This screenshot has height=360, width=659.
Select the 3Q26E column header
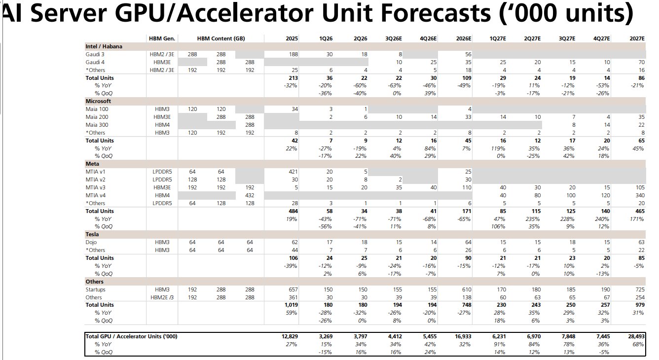(x=394, y=38)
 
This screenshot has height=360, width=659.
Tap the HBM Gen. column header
(x=162, y=38)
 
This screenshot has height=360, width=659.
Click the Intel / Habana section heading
(x=104, y=46)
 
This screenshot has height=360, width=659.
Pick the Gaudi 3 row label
(x=95, y=54)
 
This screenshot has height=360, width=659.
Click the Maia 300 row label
(x=97, y=125)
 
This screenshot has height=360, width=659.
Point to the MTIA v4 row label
(x=96, y=196)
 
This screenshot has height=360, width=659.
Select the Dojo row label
(x=91, y=242)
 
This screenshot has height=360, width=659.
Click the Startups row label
(x=95, y=289)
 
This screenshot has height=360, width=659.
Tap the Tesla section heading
(x=92, y=234)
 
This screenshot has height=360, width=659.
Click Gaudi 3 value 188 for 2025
(x=293, y=54)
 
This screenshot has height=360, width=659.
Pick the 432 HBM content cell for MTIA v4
(x=250, y=196)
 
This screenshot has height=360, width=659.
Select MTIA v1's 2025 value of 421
(x=293, y=172)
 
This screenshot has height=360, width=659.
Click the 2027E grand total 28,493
(x=636, y=336)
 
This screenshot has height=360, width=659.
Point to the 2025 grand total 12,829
(x=290, y=336)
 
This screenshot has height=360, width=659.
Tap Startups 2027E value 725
(x=640, y=289)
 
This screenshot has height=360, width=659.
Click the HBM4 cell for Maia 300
(x=162, y=125)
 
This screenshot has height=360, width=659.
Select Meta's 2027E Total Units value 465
(x=640, y=211)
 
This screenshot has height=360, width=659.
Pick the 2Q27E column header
(x=532, y=38)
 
